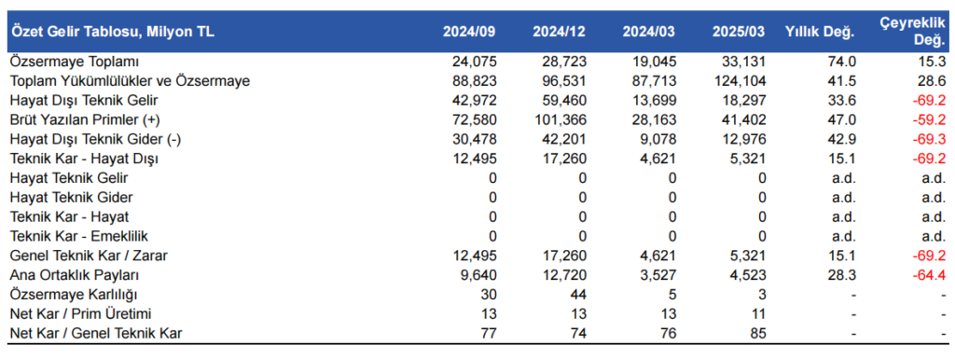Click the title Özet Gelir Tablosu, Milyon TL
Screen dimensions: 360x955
click(112, 32)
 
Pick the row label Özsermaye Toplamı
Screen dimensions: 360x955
click(61, 62)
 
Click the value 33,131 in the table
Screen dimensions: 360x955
click(743, 62)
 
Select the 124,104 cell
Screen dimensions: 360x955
click(740, 81)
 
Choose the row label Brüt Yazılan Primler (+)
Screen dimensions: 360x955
click(85, 119)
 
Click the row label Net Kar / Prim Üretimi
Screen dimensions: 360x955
click(80, 314)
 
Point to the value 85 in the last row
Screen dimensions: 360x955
click(756, 333)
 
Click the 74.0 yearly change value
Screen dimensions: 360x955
click(843, 62)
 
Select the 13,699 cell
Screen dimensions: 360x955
click(653, 100)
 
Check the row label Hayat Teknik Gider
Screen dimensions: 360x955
click(71, 198)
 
